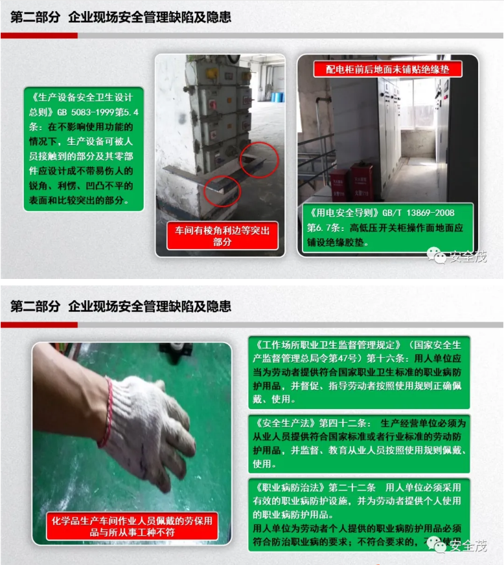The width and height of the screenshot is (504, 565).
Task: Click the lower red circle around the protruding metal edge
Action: [x=222, y=190]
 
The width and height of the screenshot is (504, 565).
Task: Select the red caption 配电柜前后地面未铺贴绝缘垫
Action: [x=387, y=69]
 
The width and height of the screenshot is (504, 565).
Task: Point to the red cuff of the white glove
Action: [x=106, y=415]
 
